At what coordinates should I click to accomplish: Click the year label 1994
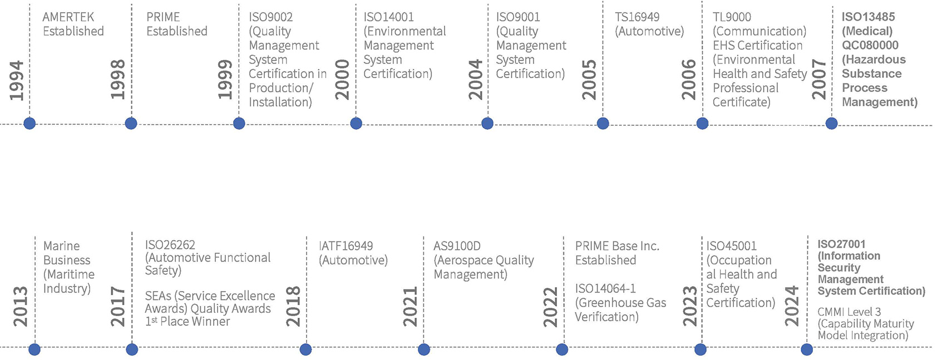point(17,81)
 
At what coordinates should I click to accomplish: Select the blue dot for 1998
point(131,124)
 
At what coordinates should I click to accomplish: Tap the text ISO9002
point(270,17)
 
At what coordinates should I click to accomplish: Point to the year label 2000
point(342,80)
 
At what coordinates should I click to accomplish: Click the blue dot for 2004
point(487,124)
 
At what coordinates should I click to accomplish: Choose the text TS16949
point(637,17)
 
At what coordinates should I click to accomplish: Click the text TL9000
point(732,17)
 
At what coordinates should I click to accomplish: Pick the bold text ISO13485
point(868,17)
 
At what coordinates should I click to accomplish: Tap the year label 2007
point(819,80)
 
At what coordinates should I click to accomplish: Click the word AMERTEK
point(68,17)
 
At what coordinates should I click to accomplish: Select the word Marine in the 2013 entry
point(61,246)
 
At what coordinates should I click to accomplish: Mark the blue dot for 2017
point(132,349)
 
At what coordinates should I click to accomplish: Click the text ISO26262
point(170,245)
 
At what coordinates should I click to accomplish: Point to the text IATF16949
point(346,246)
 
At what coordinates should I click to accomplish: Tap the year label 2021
point(410,307)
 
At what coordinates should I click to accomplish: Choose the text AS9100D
point(457,246)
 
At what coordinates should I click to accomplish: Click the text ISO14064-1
point(605,289)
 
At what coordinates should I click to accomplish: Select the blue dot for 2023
point(701,349)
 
